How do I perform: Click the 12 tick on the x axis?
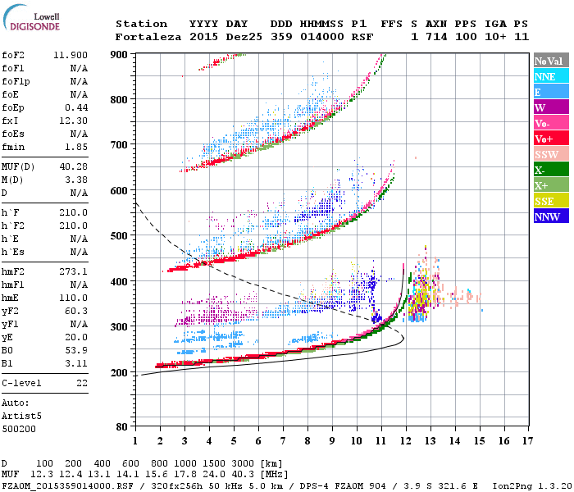click(406, 440)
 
